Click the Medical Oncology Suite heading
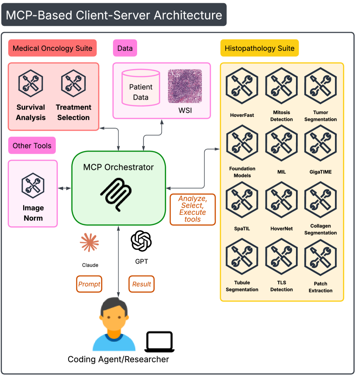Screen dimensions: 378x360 coord(53,48)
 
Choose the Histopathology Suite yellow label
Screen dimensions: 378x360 coord(259,48)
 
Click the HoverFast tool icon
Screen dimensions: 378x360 coord(242,85)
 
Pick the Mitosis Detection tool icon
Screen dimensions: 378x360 coord(281,85)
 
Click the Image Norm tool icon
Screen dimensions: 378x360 coord(33,185)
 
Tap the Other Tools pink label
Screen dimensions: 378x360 coord(32,146)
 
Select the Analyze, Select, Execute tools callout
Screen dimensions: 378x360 coord(192,209)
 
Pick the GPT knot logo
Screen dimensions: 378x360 coord(141,241)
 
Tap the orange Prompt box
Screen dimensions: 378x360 coord(89,284)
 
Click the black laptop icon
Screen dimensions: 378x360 coord(159,342)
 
